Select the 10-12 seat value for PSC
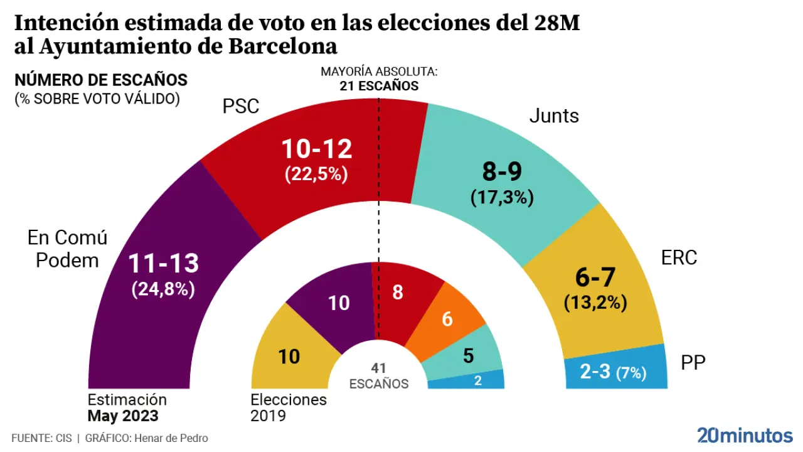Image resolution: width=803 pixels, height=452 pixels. coord(316,149)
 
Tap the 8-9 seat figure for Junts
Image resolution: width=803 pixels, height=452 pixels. coord(501,171)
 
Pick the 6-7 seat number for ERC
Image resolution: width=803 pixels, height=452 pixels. coord(595,277)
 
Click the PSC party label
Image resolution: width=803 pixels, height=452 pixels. coord(241,106)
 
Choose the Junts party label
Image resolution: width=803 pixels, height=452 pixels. coord(554,116)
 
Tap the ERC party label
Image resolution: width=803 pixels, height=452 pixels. coord(679,257)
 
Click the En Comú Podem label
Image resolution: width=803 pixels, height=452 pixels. coord(67,249)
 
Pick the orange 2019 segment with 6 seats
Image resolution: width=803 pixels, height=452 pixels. coord(447,319)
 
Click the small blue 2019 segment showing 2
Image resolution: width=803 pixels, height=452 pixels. coord(478,380)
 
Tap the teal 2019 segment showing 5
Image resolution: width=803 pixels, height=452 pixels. coord(468,356)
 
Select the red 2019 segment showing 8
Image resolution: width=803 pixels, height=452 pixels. coord(398,293)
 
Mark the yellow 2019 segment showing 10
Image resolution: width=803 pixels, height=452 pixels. coord(289,357)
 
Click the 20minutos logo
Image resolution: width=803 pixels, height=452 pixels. coord(745,434)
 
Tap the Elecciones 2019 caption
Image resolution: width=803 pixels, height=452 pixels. coord(289,407)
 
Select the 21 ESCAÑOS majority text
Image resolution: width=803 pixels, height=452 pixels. coord(379,86)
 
